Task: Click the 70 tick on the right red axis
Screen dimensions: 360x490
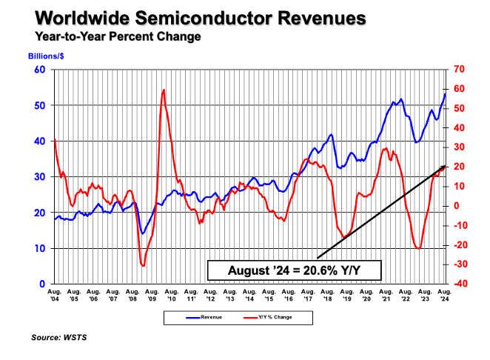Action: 458,70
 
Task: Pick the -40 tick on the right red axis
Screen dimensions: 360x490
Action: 459,284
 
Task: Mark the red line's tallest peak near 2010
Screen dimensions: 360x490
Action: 163,90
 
